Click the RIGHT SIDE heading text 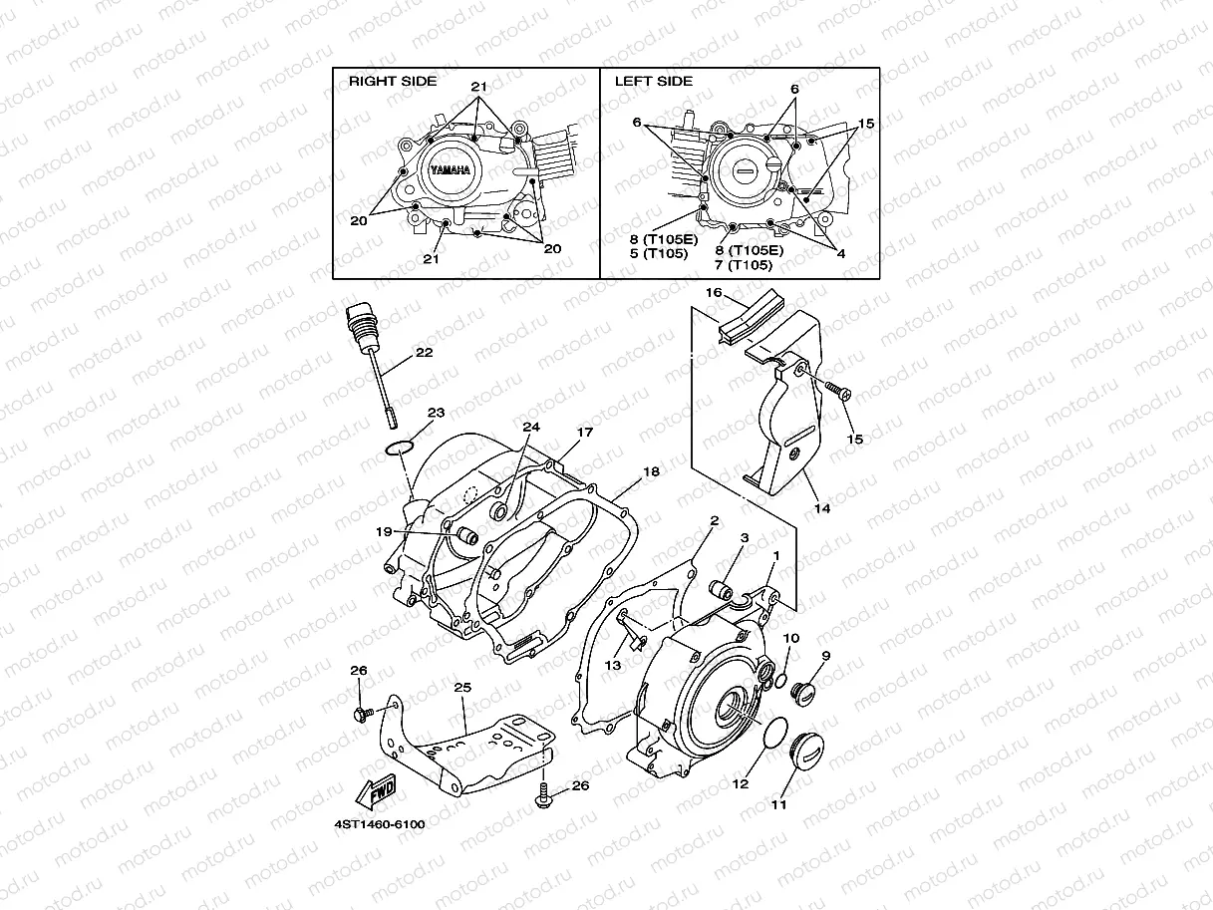392,82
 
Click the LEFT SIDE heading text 653,82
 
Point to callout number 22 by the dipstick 424,353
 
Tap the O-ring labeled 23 401,445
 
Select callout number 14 821,507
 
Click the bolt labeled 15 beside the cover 837,393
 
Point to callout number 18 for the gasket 651,470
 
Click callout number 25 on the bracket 461,688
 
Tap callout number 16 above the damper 714,293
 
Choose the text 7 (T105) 749,265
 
